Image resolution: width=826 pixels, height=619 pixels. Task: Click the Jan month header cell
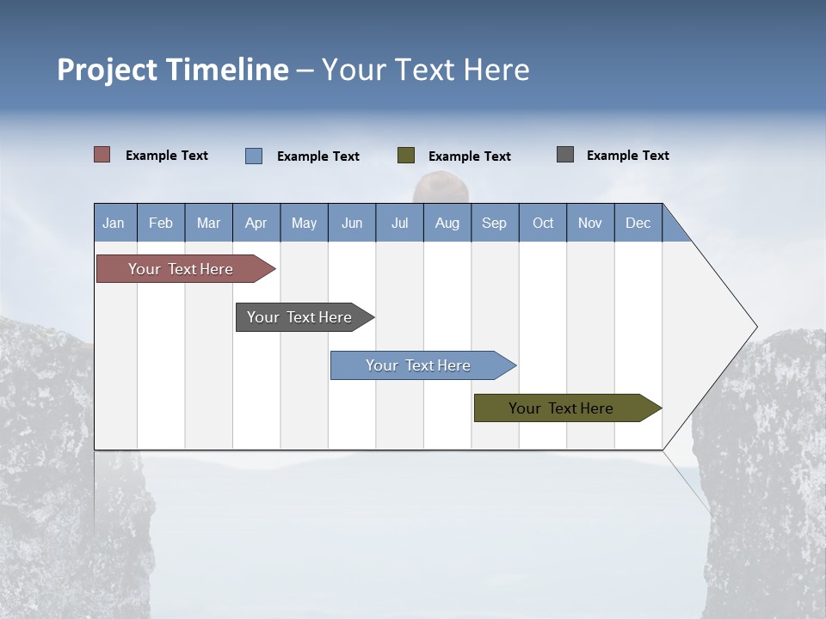(x=114, y=223)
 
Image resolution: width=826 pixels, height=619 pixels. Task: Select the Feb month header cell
(x=161, y=223)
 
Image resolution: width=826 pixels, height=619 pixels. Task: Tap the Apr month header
(x=256, y=223)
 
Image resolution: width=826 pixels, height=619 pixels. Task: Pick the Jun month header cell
(x=352, y=223)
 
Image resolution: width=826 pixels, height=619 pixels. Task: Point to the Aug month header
(x=447, y=223)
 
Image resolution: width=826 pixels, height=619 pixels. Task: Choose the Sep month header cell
(x=495, y=223)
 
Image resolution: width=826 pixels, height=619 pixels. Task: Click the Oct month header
(x=543, y=223)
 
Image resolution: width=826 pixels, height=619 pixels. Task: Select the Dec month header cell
(x=638, y=223)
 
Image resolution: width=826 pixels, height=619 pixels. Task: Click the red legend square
(x=102, y=155)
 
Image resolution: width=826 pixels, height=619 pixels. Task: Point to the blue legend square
(x=254, y=156)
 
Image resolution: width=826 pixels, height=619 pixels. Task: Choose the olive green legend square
(x=406, y=156)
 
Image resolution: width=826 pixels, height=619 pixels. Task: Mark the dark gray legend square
(x=565, y=155)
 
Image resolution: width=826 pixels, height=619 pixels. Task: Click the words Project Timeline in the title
(x=172, y=70)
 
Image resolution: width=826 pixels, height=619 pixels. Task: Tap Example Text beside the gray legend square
(x=627, y=156)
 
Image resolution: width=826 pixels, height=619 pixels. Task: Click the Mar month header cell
(x=208, y=223)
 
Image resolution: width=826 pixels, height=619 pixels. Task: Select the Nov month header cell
(x=590, y=223)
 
